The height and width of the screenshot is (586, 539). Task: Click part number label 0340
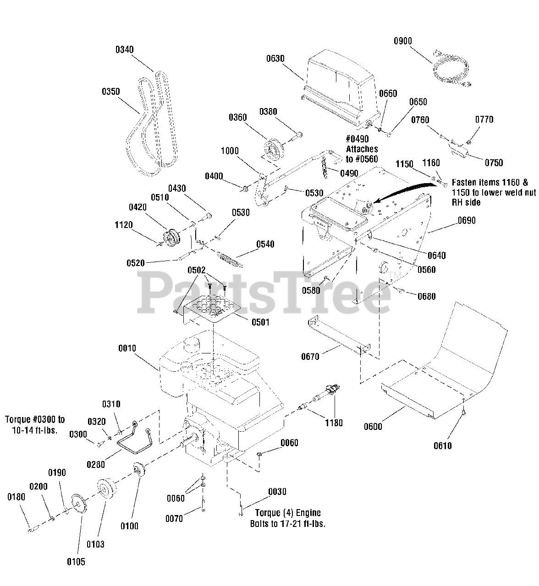[124, 49]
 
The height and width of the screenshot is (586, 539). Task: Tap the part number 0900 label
[403, 41]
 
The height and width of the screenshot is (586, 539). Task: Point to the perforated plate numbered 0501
[212, 306]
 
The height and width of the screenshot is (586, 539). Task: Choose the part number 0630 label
[275, 59]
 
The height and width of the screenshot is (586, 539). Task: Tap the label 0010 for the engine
[127, 349]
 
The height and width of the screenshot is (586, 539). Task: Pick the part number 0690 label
[466, 221]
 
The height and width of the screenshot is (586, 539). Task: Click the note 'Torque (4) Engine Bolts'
[287, 518]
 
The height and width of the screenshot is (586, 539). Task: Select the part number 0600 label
[373, 427]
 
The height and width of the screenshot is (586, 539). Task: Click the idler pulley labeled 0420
[171, 238]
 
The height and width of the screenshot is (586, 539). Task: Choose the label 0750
[493, 163]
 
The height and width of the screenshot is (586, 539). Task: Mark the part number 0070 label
[174, 518]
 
